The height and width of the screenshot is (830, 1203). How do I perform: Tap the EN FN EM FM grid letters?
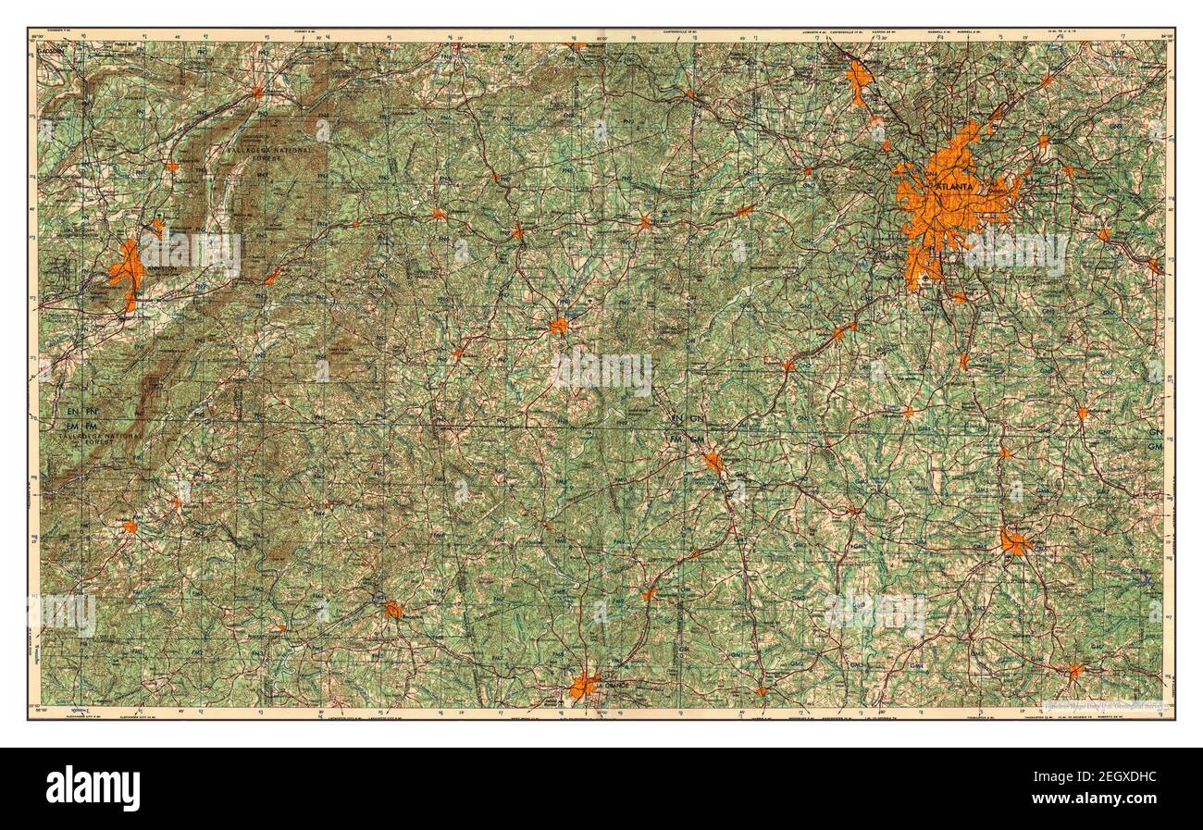pyautogui.click(x=80, y=415)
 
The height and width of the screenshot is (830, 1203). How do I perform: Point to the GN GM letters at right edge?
pyautogui.click(x=1155, y=440)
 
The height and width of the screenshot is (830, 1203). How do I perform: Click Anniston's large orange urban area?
pyautogui.click(x=126, y=273)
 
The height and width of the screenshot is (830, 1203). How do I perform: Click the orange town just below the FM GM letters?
pyautogui.click(x=713, y=461)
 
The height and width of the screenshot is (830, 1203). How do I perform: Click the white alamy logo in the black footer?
pyautogui.click(x=93, y=787)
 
